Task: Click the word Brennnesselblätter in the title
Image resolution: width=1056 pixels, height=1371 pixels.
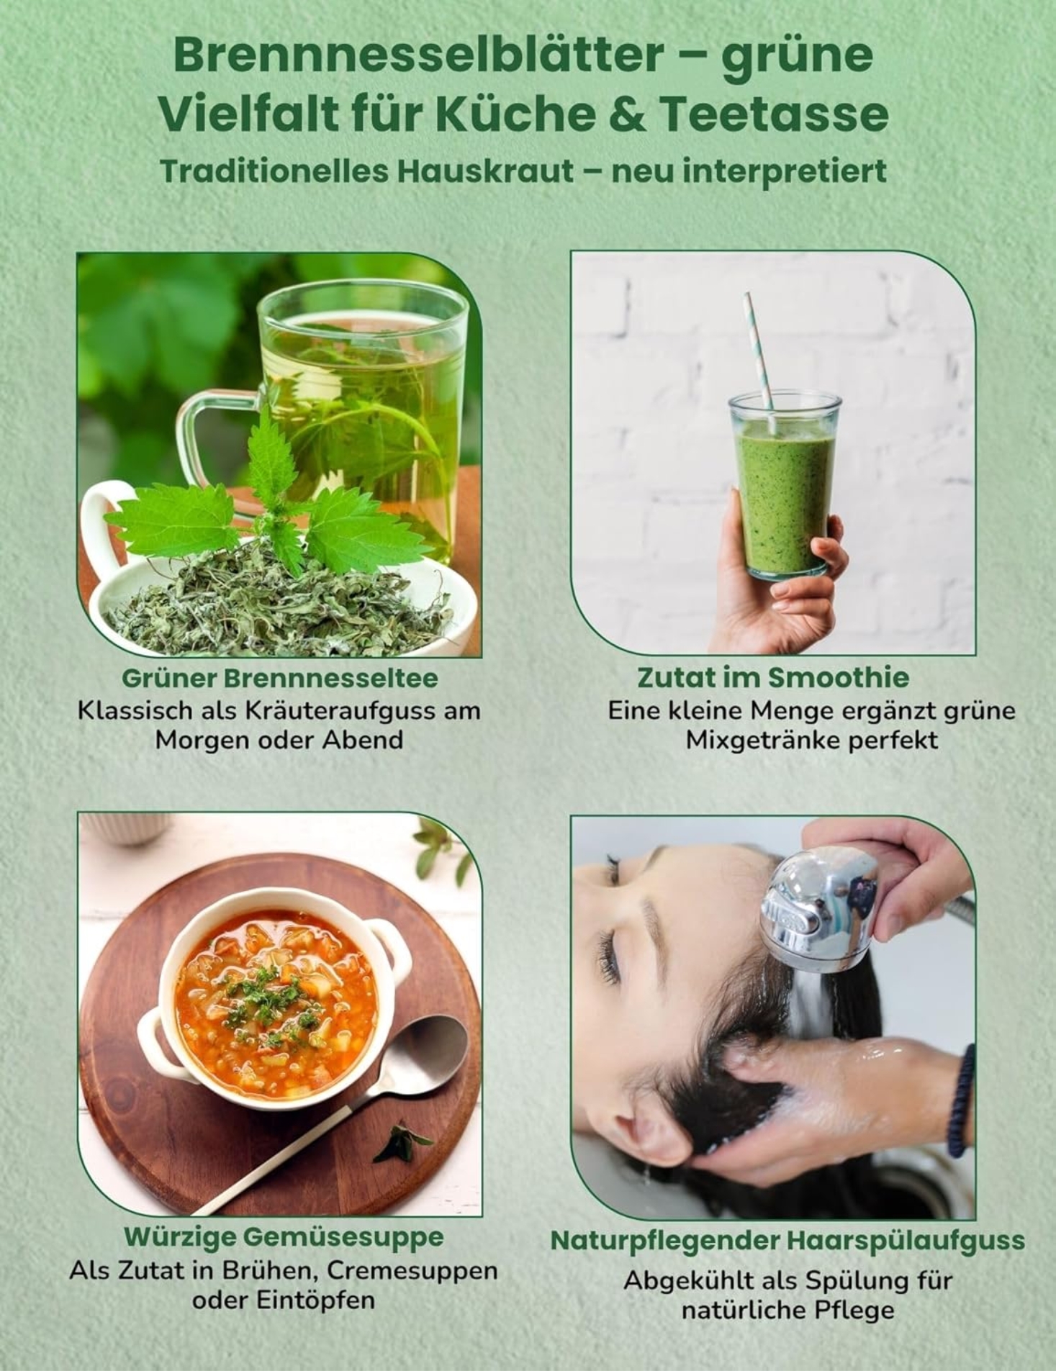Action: pos(419,55)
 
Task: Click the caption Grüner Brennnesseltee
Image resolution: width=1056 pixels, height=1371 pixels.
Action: pos(279,677)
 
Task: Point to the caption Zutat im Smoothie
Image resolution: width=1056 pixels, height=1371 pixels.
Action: pos(773,677)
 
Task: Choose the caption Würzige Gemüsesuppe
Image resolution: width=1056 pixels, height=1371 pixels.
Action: pos(284,1236)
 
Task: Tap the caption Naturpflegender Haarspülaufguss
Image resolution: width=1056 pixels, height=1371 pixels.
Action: pos(788,1240)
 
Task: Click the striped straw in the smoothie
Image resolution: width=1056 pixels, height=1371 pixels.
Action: pos(760,360)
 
